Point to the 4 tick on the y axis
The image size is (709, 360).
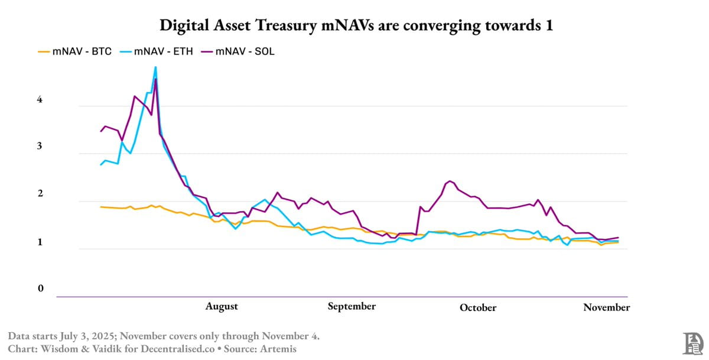pos(41,100)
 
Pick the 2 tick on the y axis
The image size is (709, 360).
pos(41,194)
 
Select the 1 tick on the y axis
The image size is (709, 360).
pos(41,242)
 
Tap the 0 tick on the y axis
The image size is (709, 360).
pos(41,288)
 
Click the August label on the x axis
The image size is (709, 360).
pos(222,306)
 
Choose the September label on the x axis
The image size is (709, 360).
pos(352,306)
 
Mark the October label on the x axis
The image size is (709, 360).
pos(478,307)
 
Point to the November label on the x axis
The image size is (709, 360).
pos(606,307)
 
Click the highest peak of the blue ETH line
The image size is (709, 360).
pos(155,67)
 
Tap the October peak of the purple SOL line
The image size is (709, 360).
pos(450,181)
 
